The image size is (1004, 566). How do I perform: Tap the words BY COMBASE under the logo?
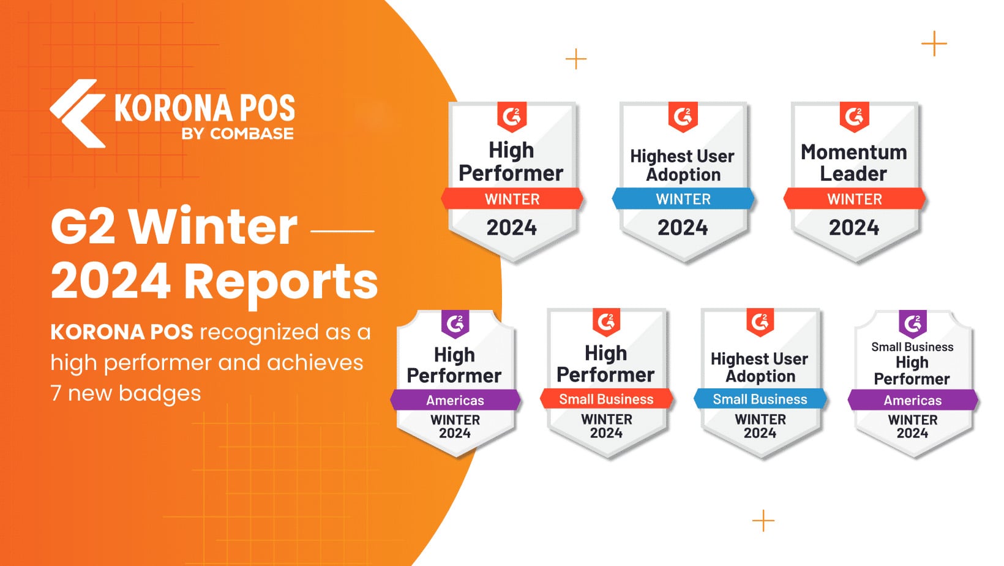238,134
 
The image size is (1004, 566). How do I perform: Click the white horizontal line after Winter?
342,231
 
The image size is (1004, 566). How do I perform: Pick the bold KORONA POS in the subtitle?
122,333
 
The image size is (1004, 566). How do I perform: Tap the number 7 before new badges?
56,393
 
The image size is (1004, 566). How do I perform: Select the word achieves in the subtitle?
315,363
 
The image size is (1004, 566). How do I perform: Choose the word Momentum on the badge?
854,153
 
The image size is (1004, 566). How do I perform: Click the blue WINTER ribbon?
683,198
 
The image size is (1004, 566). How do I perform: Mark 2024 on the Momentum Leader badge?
854,228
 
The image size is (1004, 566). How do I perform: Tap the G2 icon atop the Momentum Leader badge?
854,116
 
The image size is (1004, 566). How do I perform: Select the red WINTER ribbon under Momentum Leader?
854,198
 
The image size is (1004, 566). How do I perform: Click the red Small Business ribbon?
607,399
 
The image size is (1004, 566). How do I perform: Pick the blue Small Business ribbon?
760,399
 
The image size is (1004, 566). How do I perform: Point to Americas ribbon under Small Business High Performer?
913,399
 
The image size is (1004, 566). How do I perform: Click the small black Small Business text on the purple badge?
912,347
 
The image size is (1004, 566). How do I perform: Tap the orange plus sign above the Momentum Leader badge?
934,43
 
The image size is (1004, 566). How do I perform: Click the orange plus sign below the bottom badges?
763,520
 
